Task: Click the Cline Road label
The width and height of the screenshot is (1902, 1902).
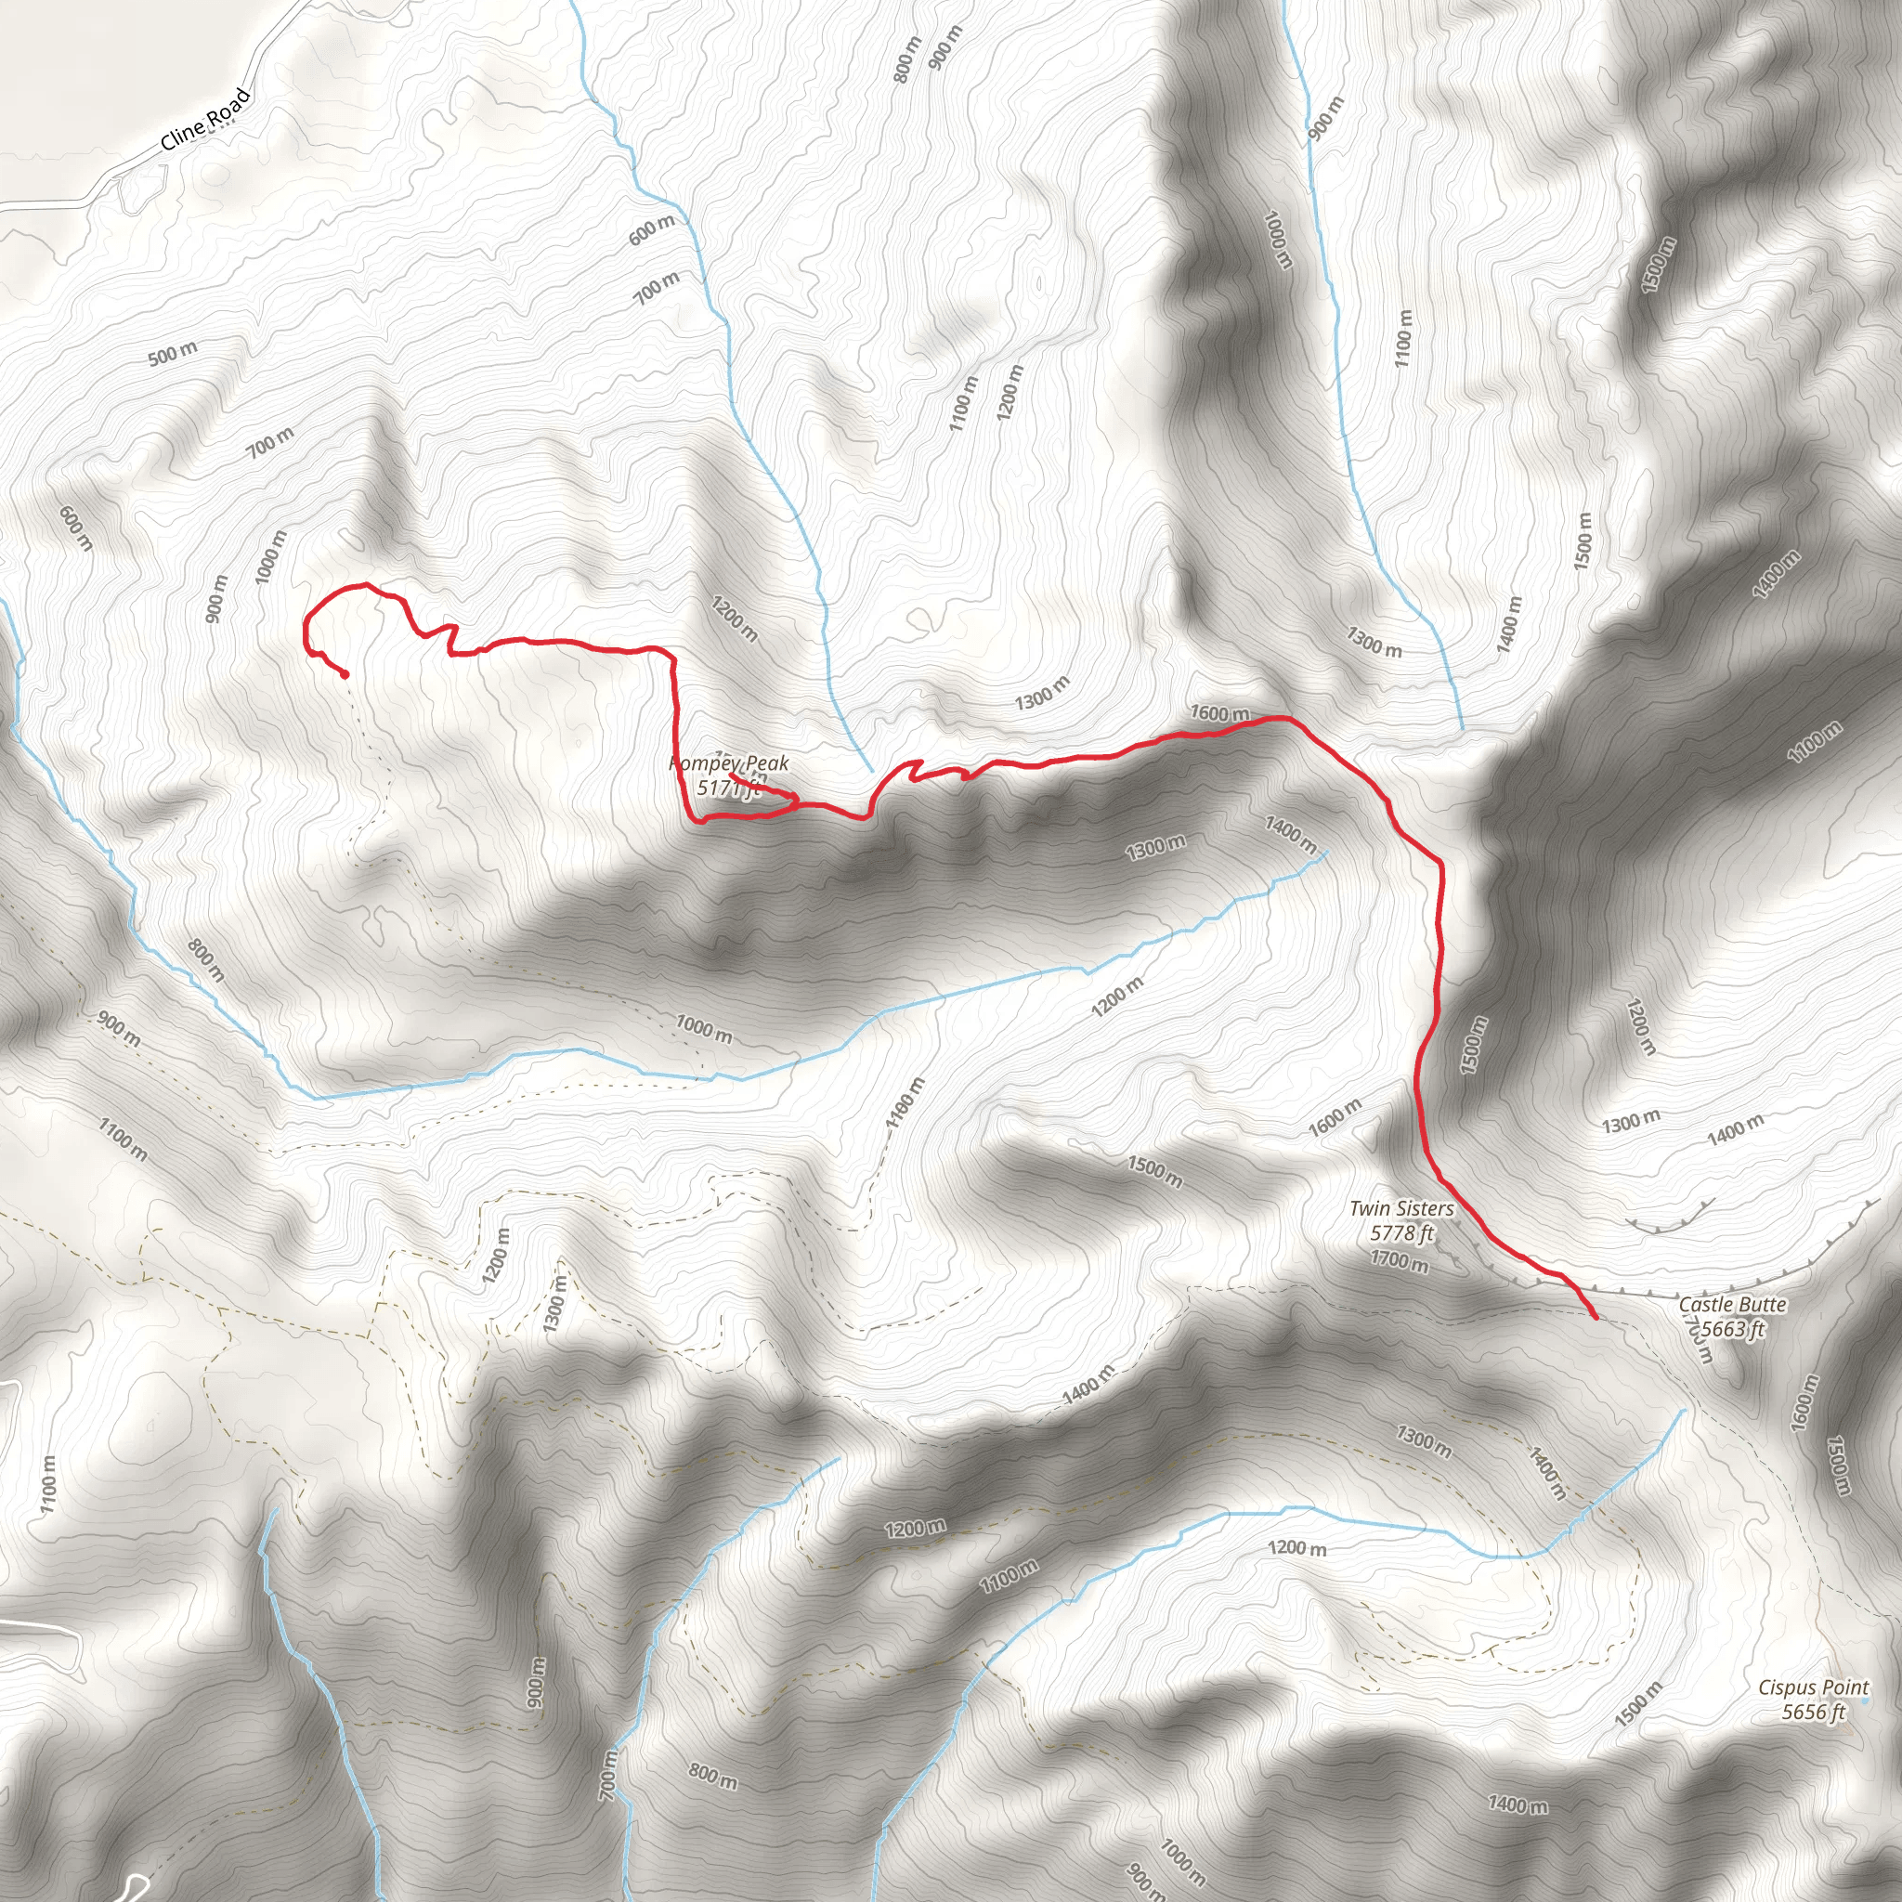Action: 206,120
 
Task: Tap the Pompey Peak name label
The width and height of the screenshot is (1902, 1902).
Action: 728,764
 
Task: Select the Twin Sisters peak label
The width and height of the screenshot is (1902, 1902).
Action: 1400,1208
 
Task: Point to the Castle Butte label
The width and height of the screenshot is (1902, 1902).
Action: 1732,1305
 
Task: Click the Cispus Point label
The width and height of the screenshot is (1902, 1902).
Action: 1813,1687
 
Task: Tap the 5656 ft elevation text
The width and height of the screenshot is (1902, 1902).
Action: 1813,1712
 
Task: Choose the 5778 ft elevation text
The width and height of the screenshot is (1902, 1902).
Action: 1400,1232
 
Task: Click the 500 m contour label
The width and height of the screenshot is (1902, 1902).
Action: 173,354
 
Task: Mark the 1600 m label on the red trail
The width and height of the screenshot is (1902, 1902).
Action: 1218,712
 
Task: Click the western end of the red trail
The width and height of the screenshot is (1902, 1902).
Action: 345,675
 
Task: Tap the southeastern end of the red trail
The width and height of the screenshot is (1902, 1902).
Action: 1594,1315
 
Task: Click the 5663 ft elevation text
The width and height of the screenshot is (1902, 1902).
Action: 1732,1329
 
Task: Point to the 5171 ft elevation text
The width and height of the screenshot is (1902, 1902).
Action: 728,788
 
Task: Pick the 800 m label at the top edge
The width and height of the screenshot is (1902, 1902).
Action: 906,60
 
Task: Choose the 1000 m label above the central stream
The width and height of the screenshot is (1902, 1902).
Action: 703,1029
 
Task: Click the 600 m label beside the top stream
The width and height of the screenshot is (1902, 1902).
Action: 652,229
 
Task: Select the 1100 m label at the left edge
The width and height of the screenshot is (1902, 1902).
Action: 48,1486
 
